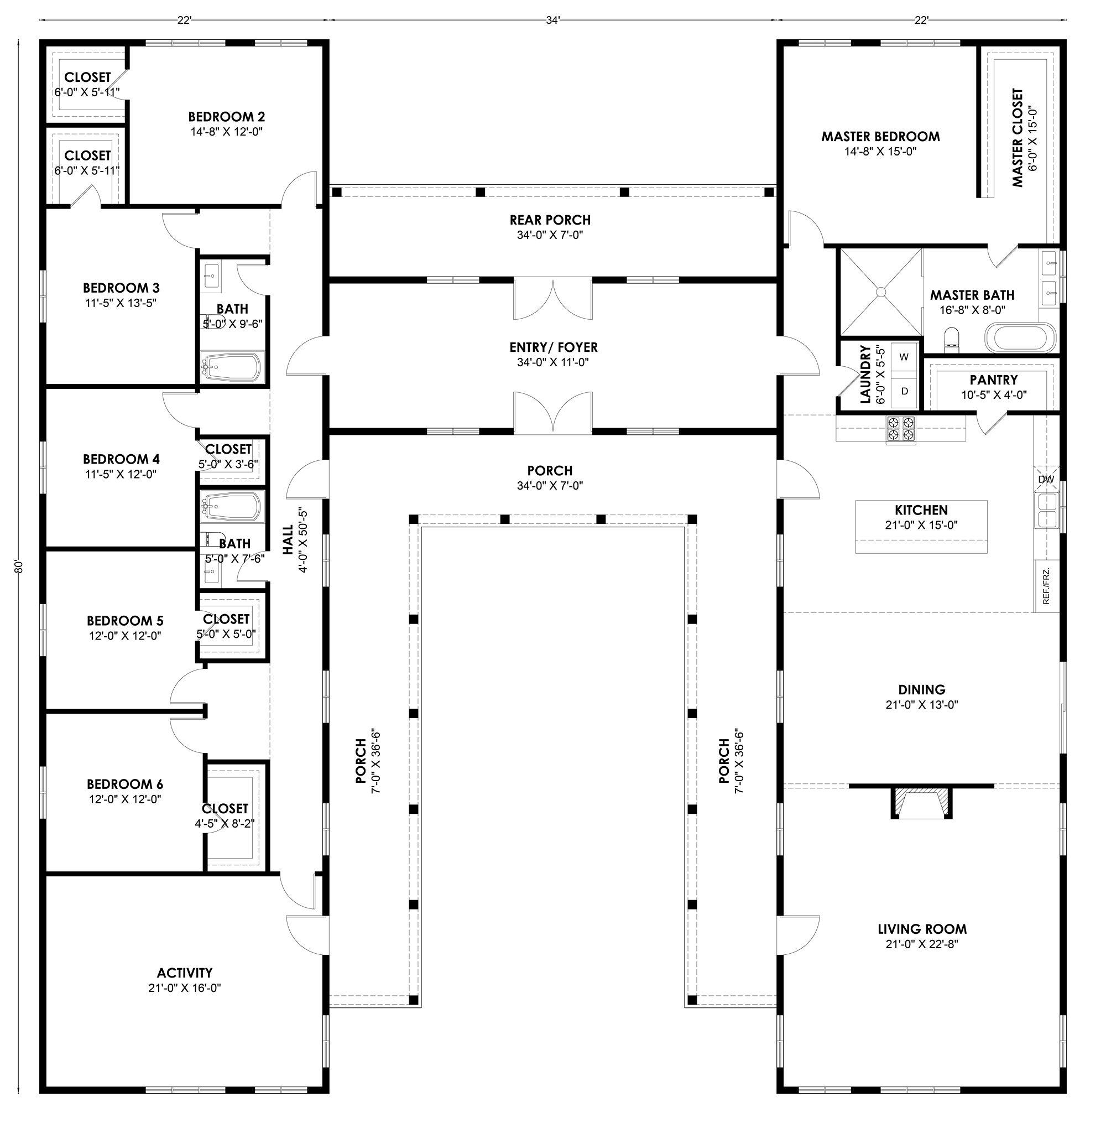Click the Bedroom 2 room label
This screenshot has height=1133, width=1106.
point(227,117)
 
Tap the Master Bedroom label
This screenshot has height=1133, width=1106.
point(880,137)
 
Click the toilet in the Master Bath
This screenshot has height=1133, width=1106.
point(952,339)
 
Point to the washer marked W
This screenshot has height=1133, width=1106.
point(904,357)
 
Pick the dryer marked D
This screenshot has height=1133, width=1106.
point(904,391)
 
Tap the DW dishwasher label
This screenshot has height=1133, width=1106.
point(1046,479)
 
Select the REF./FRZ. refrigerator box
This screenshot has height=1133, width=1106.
point(1047,586)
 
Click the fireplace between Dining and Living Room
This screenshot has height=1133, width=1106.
point(922,802)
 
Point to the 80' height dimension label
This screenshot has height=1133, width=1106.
point(19,566)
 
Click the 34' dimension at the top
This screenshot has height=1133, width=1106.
point(552,20)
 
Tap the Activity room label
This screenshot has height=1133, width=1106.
point(185,973)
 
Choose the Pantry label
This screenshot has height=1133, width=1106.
point(994,380)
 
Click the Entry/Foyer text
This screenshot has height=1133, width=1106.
point(554,347)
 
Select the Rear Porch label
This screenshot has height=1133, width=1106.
point(550,220)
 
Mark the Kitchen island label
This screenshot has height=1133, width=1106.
point(921,510)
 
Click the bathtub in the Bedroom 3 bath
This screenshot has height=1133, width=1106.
point(232,366)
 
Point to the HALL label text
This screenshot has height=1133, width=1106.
point(289,540)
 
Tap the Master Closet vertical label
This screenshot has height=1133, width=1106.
point(1017,138)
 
